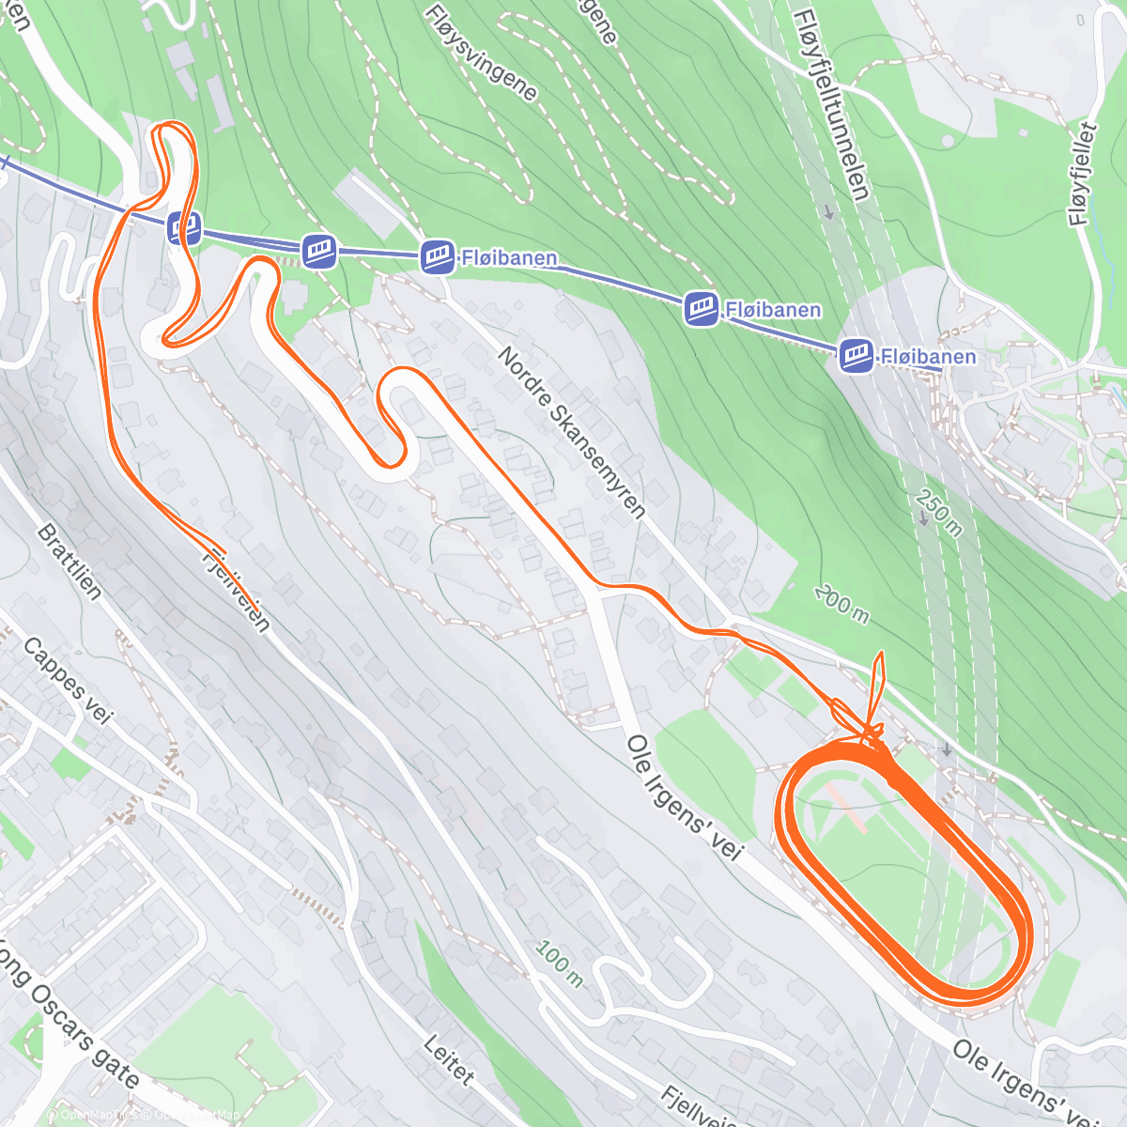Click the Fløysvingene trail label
480,53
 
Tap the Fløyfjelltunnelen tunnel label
830,104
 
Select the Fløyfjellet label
1085,174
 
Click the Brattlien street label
69,561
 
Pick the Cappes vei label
67,681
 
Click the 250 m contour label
939,513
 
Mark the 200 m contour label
841,603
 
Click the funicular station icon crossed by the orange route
184,227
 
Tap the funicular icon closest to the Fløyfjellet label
856,355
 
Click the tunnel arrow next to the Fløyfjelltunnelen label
829,211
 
